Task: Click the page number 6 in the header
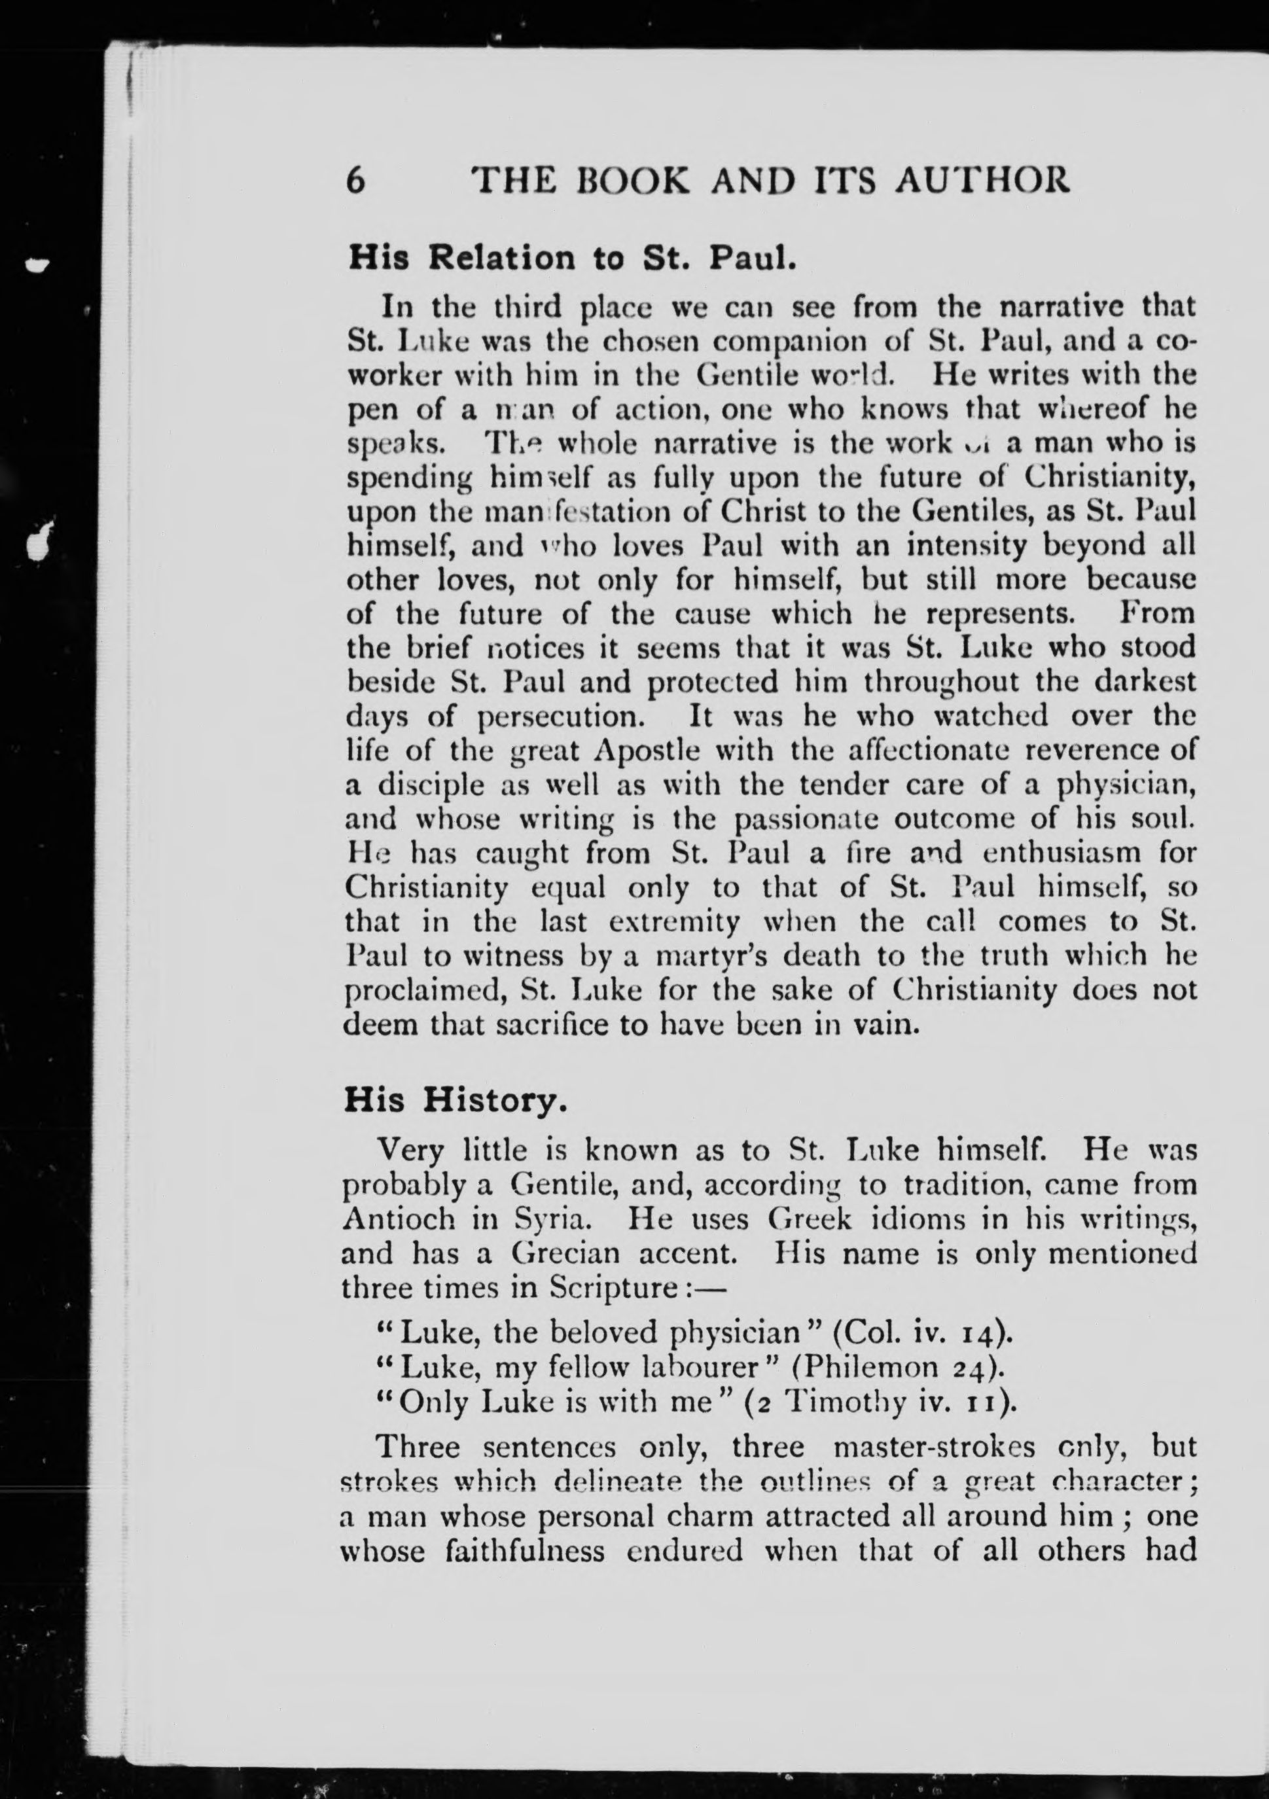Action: pyautogui.click(x=356, y=182)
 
